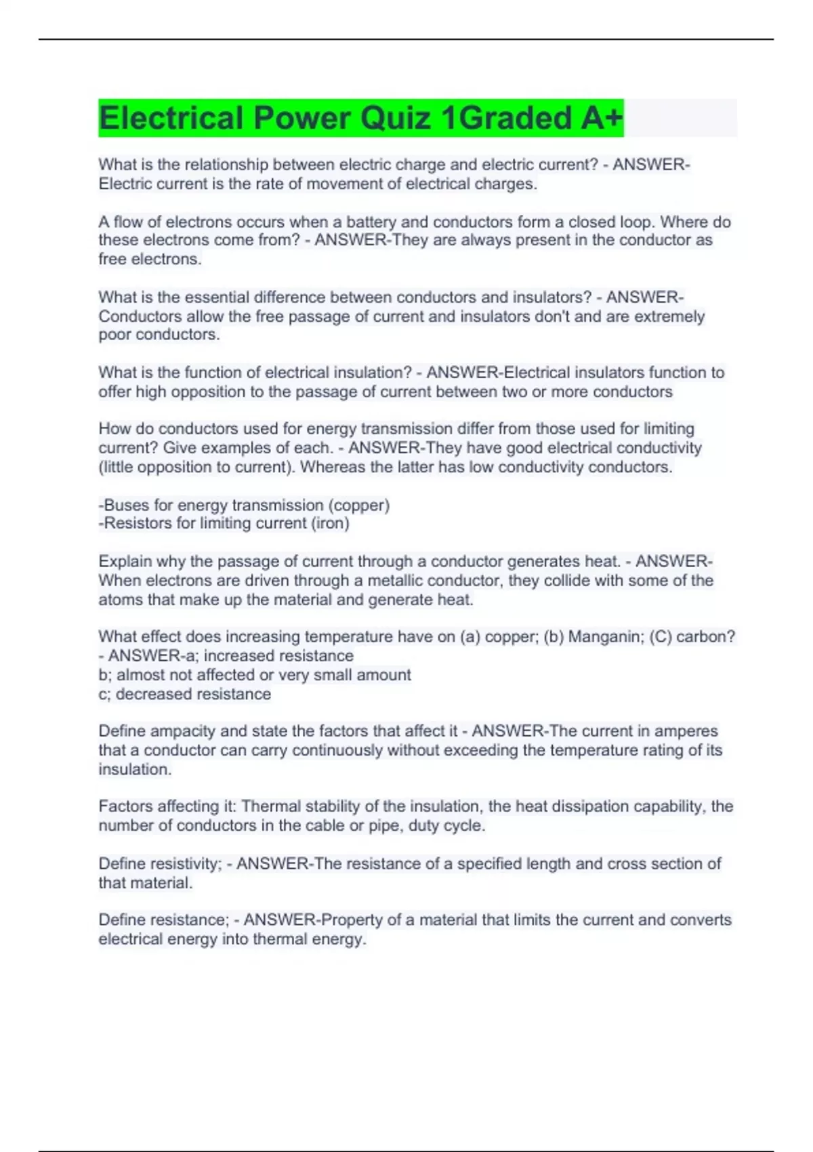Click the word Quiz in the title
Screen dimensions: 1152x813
click(x=395, y=118)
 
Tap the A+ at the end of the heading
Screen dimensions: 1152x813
click(x=601, y=118)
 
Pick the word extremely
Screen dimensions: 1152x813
click(x=669, y=316)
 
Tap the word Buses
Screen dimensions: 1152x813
click(x=123, y=505)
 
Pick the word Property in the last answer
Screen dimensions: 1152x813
click(x=351, y=920)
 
